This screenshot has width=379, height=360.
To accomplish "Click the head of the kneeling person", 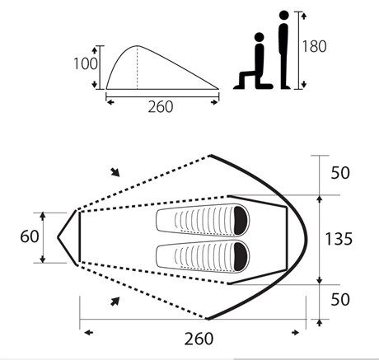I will coord(258,39).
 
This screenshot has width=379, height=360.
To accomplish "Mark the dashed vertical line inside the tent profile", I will coord(136,66).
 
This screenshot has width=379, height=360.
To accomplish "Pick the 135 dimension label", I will coord(339,239).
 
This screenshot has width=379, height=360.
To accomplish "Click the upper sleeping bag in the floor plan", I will coord(202,221).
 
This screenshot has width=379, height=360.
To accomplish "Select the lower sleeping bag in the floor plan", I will coord(202,255).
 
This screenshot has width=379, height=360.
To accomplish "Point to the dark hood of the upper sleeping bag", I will coord(239,221).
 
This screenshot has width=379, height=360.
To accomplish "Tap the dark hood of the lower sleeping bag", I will coord(239,255).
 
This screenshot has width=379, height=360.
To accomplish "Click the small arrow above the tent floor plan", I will coord(116,172).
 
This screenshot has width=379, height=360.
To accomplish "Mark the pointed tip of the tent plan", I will coord(58,237).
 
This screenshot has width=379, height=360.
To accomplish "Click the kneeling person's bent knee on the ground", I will coord(241,85).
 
